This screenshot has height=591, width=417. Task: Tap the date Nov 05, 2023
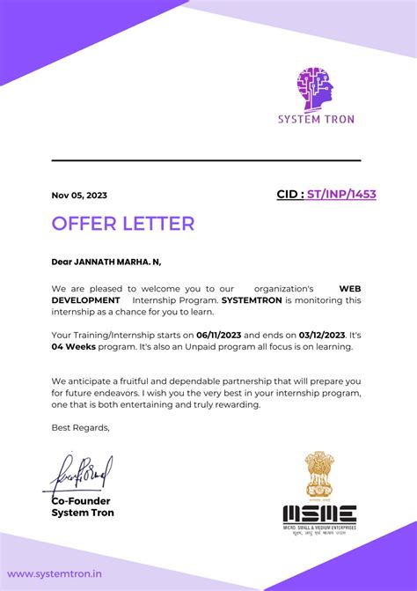coord(79,196)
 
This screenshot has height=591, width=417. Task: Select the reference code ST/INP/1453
coord(341,194)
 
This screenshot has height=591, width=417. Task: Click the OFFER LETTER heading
coord(122,224)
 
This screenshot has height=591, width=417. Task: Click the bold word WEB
coord(350,288)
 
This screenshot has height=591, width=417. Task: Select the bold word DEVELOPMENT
coord(85,300)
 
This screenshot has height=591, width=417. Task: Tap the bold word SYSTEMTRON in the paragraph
coord(252,300)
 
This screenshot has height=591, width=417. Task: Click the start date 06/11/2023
coord(218,336)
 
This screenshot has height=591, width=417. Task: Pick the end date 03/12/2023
coord(322,336)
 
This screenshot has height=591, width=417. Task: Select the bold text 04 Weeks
coord(74,347)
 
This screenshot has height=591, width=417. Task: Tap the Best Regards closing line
coord(81,427)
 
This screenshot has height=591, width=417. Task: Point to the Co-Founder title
coord(81,500)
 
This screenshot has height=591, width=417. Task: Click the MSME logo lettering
coord(319,513)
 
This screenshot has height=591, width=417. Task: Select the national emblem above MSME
coord(318,476)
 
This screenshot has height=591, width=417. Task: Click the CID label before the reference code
coord(289,194)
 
